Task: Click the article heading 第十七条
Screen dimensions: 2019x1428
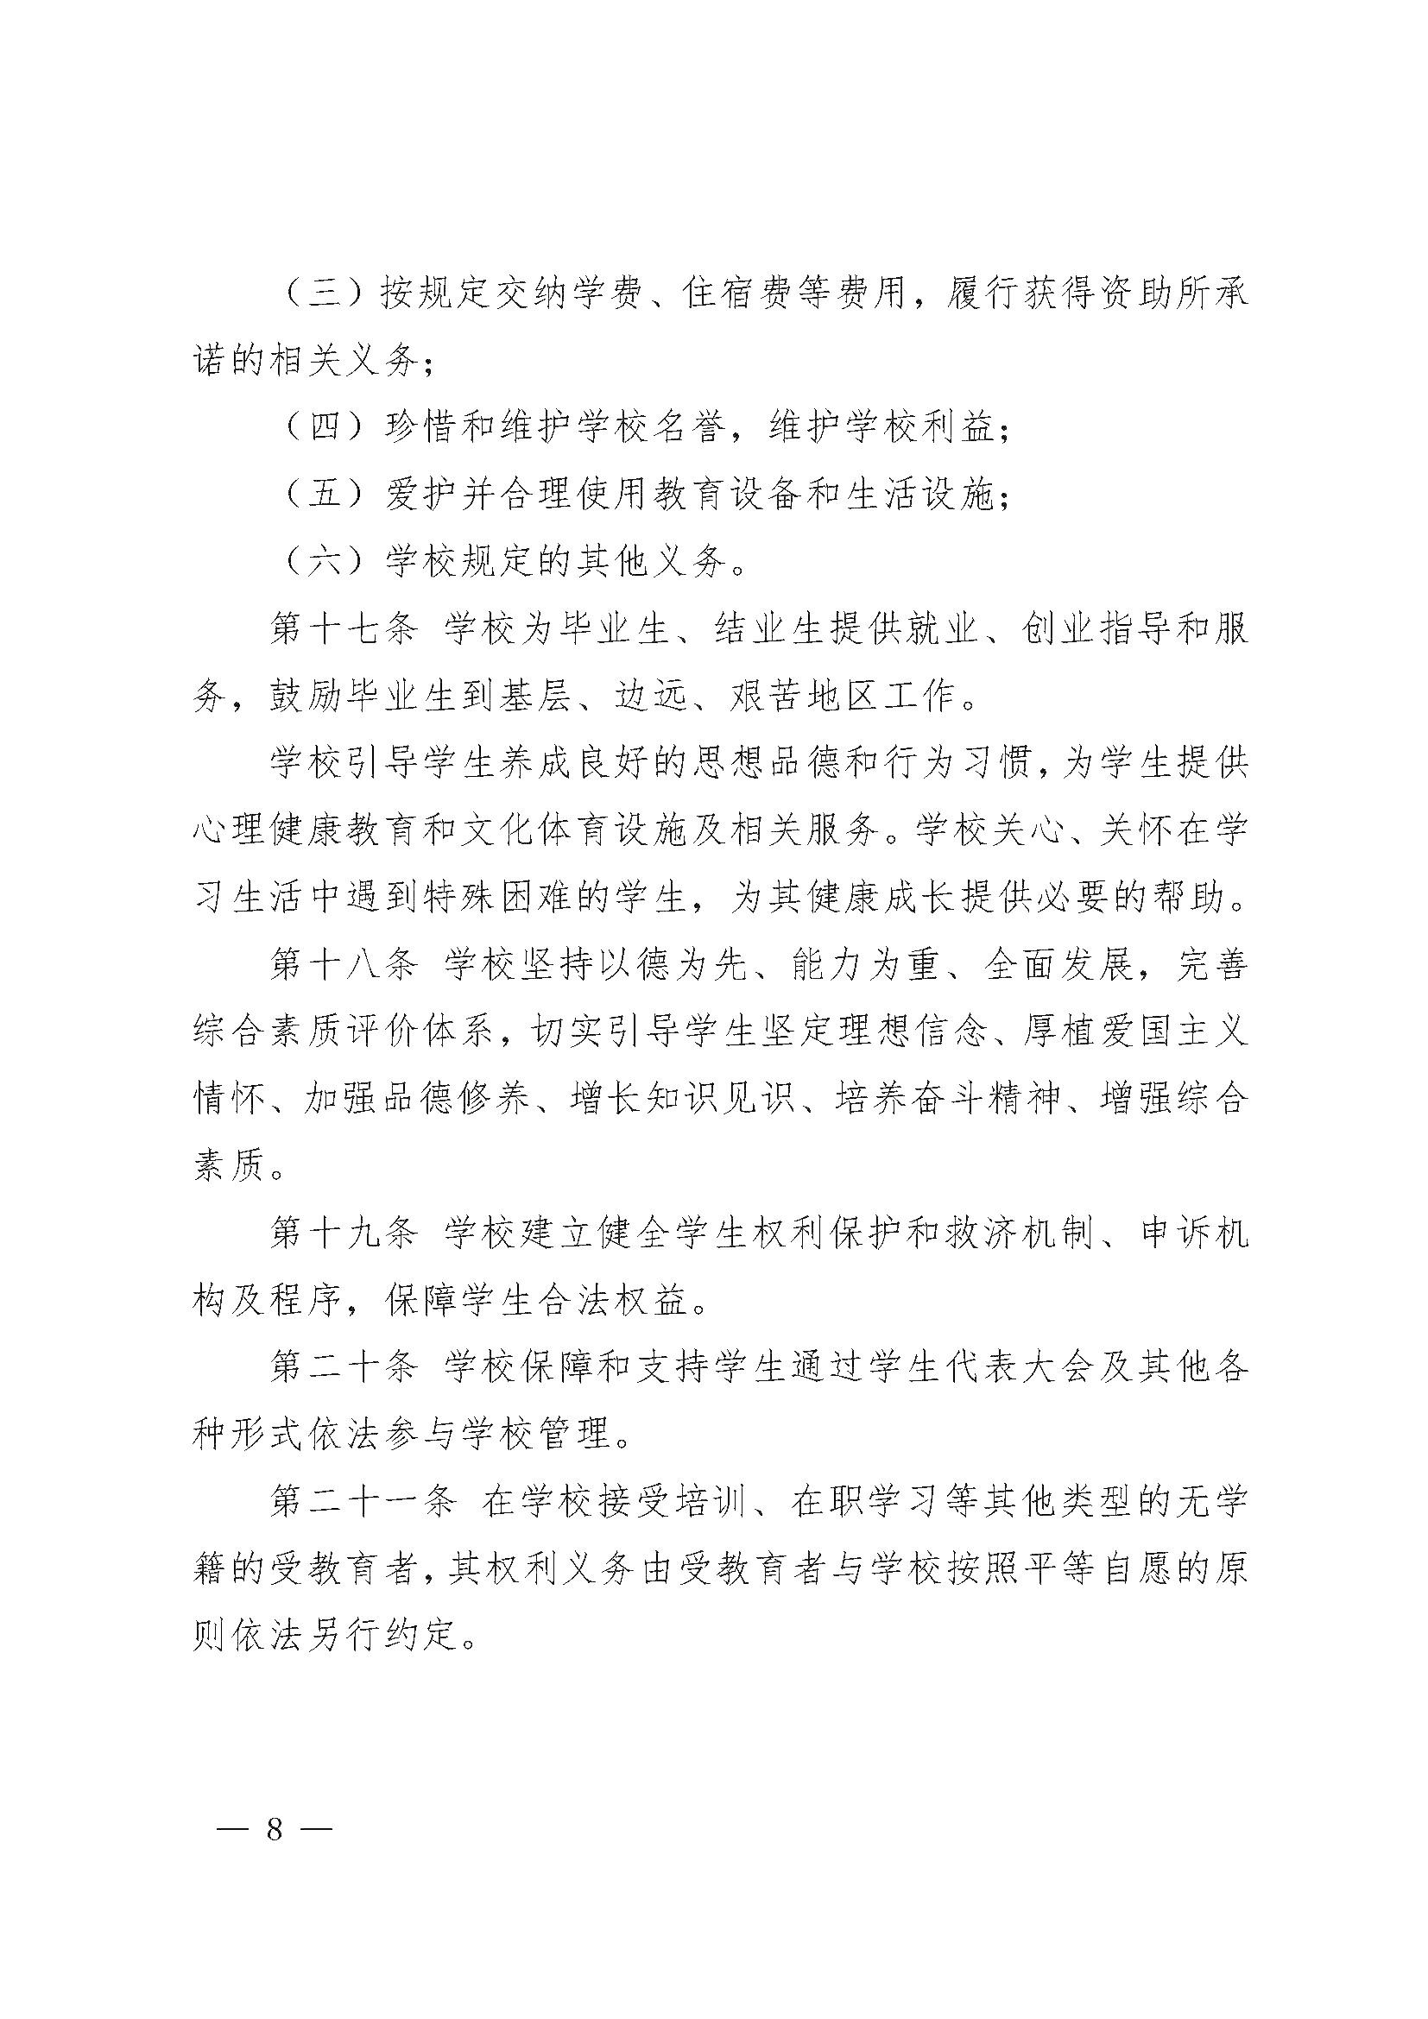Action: pyautogui.click(x=343, y=630)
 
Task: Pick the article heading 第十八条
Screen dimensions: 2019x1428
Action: pyautogui.click(x=343, y=967)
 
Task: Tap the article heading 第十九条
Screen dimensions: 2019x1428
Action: pyautogui.click(x=343, y=1235)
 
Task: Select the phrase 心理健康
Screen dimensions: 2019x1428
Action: pyautogui.click(x=269, y=832)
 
